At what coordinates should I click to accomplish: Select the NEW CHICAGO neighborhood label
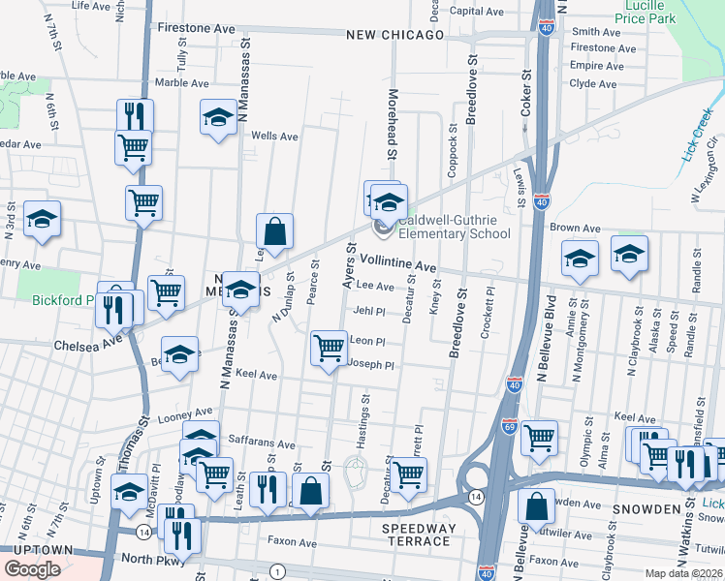(395, 35)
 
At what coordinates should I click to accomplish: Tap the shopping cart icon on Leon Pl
(330, 348)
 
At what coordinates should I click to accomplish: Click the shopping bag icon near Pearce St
(275, 231)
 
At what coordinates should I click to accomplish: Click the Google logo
(33, 568)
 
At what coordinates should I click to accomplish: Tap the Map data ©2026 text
(684, 573)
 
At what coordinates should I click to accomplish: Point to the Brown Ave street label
(576, 229)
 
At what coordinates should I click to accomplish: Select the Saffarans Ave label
(261, 444)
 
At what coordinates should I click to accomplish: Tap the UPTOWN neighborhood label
(36, 550)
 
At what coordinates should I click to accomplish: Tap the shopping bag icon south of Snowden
(535, 506)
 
